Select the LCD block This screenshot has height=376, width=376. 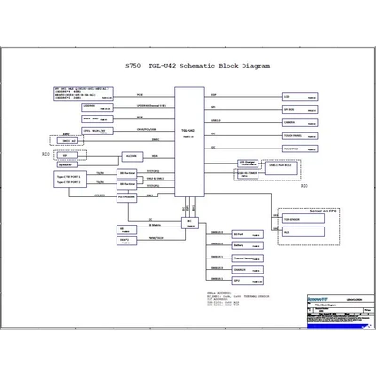pyautogui.click(x=294, y=96)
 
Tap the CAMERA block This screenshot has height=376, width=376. pyautogui.click(x=294, y=122)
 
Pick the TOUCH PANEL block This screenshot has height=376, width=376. pyautogui.click(x=294, y=135)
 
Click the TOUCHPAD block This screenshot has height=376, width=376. pyautogui.click(x=294, y=149)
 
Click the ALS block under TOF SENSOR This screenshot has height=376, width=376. pyautogui.click(x=293, y=230)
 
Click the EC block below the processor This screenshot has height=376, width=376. pyautogui.click(x=189, y=223)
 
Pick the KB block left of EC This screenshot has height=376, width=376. pyautogui.click(x=125, y=229)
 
